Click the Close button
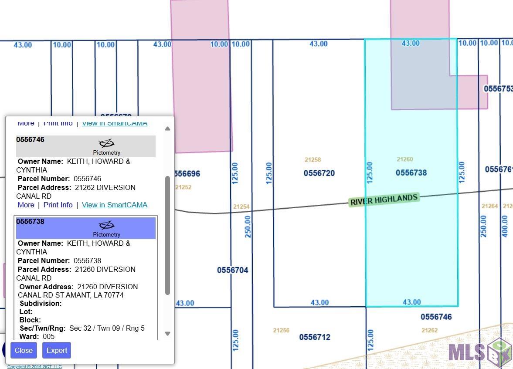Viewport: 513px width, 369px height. coord(24,350)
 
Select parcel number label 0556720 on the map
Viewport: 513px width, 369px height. coord(319,173)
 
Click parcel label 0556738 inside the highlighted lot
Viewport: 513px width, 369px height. coord(411,173)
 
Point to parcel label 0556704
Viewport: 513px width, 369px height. coord(233,270)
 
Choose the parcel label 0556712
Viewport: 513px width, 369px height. coord(314,337)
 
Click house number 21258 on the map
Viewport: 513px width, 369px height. coord(313,160)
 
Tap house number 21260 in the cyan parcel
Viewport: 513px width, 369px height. coord(404,159)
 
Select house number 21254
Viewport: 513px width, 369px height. coord(241,207)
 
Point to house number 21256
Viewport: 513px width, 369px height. coord(281,330)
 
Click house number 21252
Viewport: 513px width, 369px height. coord(183,187)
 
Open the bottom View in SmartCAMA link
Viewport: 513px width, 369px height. coord(115,205)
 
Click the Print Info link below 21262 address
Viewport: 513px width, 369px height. coord(58,205)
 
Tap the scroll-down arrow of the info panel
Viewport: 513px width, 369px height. coord(167,334)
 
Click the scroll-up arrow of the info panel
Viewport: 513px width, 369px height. coord(167,129)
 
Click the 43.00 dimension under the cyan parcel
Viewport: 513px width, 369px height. coord(411,302)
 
